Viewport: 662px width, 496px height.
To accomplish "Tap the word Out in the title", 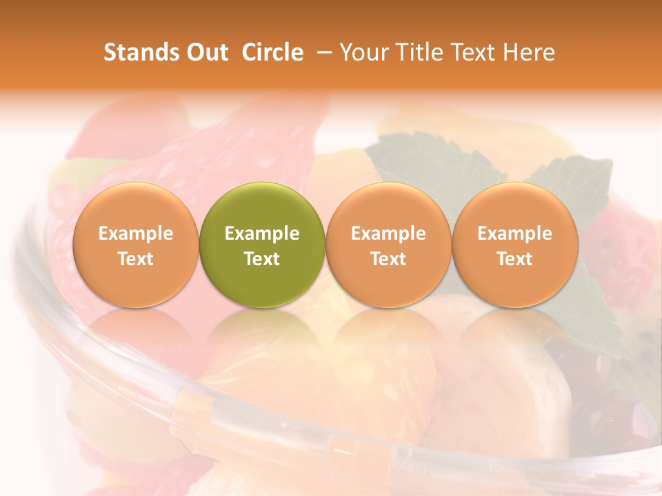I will click(206, 52).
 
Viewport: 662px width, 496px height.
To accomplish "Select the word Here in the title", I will click(530, 52).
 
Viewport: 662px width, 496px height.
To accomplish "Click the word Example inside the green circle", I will click(262, 234).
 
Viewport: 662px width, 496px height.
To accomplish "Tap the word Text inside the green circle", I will click(262, 259).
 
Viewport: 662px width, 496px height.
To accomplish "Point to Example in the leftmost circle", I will click(135, 234).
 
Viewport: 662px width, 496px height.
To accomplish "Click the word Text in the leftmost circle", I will click(135, 259).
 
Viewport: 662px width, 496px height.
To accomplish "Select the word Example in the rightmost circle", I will click(515, 234).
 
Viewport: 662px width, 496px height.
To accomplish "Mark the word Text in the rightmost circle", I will click(515, 259).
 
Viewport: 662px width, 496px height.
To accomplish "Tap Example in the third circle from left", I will click(388, 234).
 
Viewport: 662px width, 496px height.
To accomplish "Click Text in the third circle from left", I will click(388, 259).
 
